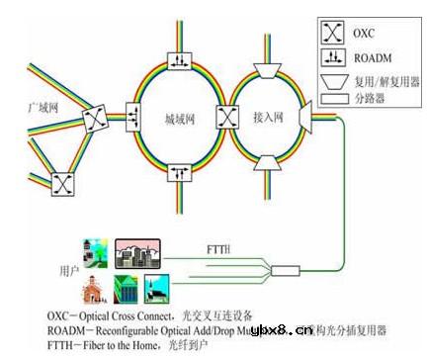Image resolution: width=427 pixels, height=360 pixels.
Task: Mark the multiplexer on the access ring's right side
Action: point(307,117)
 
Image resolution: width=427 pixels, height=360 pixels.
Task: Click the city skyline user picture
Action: point(136,253)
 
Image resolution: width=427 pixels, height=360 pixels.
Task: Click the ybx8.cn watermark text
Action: point(283,330)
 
